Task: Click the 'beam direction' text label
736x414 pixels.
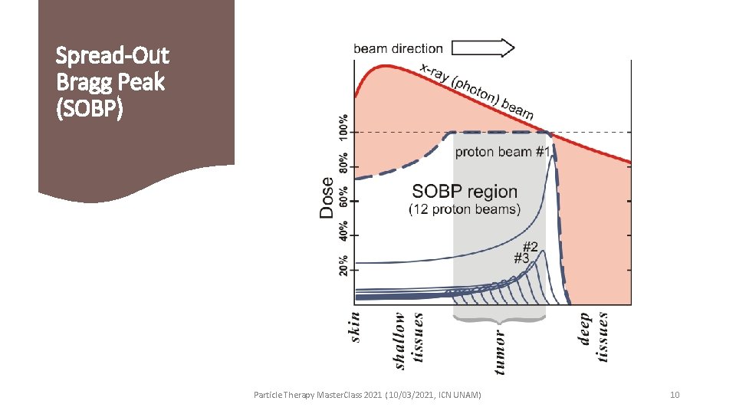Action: coord(398,49)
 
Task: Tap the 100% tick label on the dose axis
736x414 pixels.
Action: coord(343,127)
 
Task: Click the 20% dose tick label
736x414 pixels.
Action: coord(343,264)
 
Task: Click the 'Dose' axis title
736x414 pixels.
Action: coord(327,199)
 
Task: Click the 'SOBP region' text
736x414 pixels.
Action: coord(465,192)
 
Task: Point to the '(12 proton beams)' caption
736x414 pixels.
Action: coord(465,209)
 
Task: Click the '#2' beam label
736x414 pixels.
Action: coord(530,247)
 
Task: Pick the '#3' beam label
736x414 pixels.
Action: coord(521,258)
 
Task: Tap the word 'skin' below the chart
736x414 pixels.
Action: coord(354,327)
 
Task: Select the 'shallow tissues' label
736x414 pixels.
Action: coord(408,340)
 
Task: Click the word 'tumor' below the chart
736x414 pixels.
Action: coord(500,352)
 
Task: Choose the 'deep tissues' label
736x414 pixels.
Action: coord(593,335)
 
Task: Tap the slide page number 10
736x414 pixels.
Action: coord(675,395)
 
